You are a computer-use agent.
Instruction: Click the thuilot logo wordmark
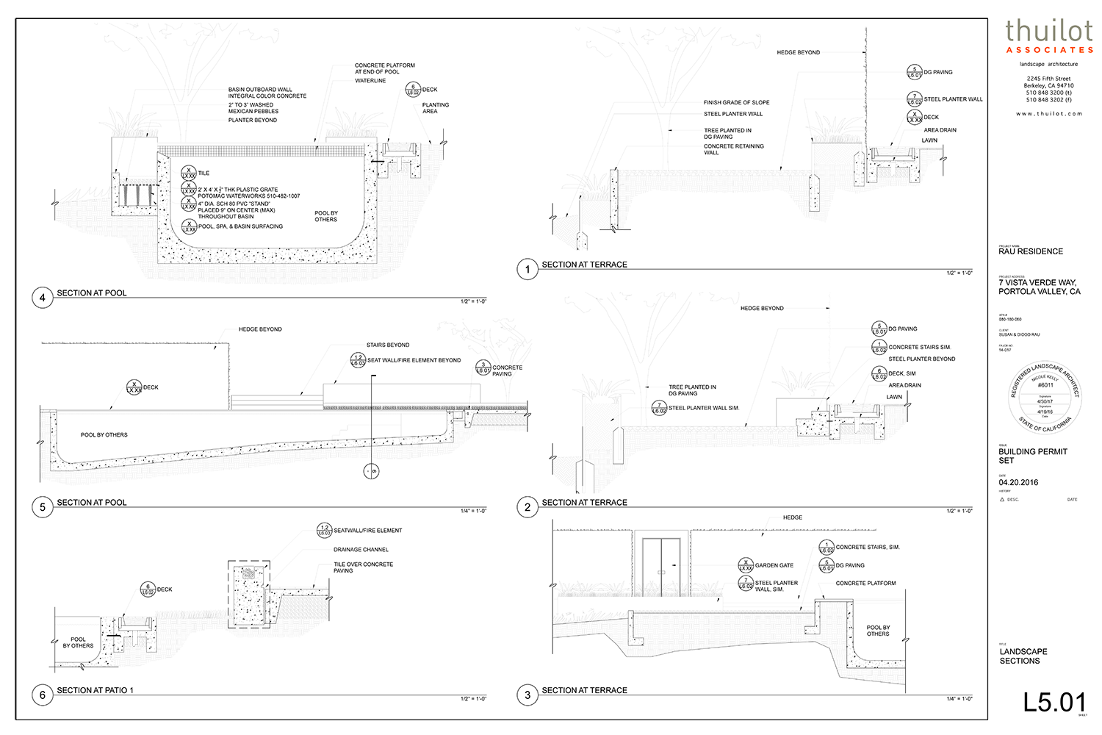[1049, 31]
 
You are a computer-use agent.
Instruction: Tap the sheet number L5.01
[1054, 702]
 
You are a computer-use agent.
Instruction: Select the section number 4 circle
[42, 298]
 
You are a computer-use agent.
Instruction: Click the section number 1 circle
[527, 269]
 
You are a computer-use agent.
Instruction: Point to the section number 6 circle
[42, 695]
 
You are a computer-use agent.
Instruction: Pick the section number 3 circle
[527, 695]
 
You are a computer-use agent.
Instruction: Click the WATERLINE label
[370, 81]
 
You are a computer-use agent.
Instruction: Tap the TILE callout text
[204, 173]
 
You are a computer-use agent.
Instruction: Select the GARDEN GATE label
[774, 565]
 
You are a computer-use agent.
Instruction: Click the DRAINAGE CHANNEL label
[361, 550]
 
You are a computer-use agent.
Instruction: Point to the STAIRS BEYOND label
[388, 345]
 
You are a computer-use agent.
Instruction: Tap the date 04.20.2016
[1018, 483]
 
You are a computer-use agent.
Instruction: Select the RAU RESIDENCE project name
[1031, 251]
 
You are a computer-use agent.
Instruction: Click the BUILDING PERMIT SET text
[1032, 456]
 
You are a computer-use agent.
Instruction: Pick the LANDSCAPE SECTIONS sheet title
[1023, 656]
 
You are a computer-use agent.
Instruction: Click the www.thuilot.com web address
[1049, 114]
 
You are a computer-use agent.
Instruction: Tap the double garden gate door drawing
[661, 567]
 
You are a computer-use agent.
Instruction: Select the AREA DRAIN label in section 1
[940, 130]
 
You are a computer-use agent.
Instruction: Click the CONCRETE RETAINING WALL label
[733, 149]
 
